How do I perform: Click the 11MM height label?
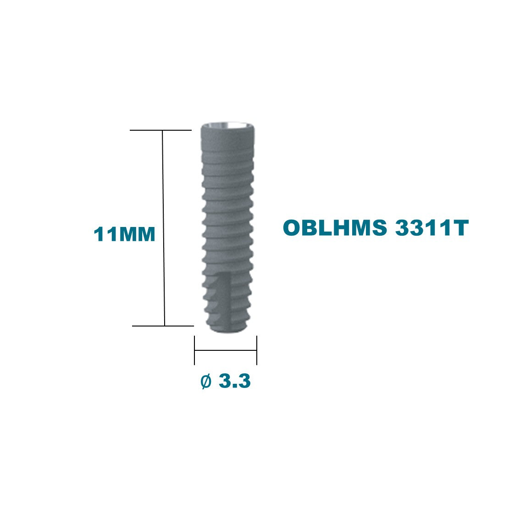point(124,234)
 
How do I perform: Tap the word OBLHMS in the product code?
point(335,227)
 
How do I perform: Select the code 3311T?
point(432,227)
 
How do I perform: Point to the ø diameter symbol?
point(206,381)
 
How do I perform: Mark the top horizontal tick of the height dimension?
point(160,130)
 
